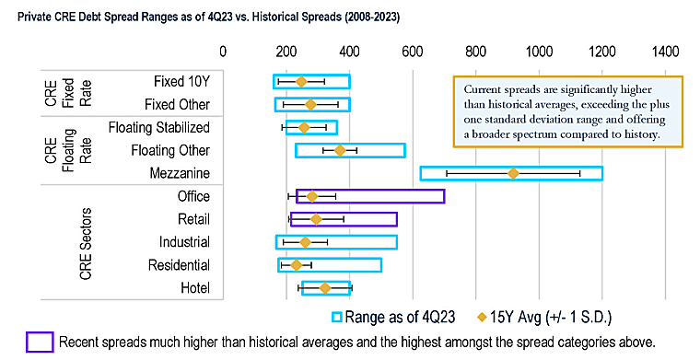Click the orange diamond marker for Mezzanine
coord(513,173)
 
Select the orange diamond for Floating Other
coord(340,151)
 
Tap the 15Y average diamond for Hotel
coord(325,288)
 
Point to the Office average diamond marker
coord(312,196)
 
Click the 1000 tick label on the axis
coord(539,52)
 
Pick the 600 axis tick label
coord(413,52)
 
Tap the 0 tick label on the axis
coord(223,52)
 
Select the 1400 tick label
coord(665,52)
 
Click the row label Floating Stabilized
coord(159,128)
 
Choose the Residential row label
coord(179,265)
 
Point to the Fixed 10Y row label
coord(181,81)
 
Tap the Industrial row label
coord(184,242)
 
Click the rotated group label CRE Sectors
coord(86,244)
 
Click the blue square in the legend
coord(336,317)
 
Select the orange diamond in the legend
coord(482,317)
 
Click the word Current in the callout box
coord(480,89)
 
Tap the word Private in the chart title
coord(29,17)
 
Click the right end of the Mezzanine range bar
coord(602,173)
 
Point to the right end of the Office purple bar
coord(444,196)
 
